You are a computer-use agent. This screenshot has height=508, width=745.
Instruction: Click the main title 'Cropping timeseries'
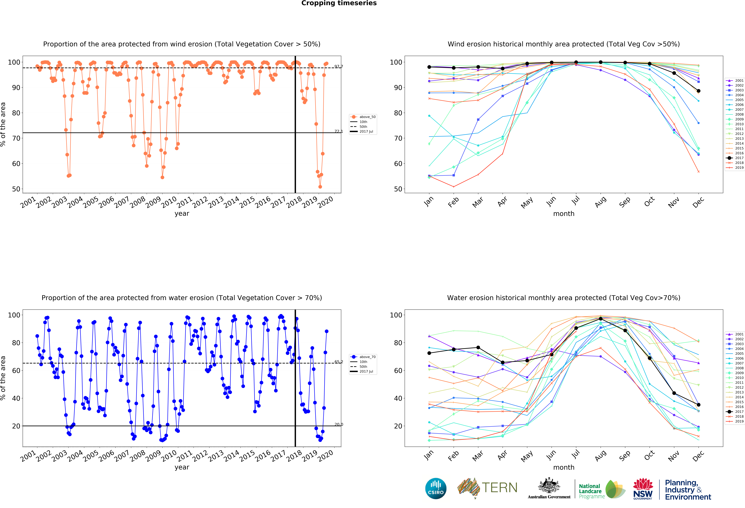click(x=339, y=3)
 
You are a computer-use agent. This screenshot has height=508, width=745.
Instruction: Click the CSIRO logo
click(x=436, y=488)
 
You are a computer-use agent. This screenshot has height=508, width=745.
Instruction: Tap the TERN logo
click(x=487, y=488)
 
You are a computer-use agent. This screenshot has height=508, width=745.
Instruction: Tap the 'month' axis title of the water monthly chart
click(x=564, y=467)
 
